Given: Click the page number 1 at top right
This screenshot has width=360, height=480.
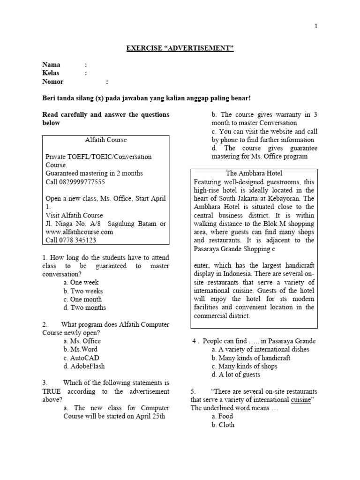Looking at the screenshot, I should tap(316, 26).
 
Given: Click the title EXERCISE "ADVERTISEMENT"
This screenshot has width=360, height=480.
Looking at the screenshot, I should tap(180, 48).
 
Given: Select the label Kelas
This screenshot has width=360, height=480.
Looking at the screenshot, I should tap(51, 73).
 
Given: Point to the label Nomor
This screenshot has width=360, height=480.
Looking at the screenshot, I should tap(52, 82).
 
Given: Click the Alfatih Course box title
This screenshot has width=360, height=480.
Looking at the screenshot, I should tap(105, 140).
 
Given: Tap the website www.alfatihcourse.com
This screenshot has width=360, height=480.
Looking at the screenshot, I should tap(79, 232).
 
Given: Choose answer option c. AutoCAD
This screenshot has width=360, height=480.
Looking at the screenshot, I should tap(82, 358).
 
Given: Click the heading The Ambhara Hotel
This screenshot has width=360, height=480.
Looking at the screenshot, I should tap(254, 173).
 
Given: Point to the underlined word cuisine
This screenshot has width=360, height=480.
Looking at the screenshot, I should tap(300, 399).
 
